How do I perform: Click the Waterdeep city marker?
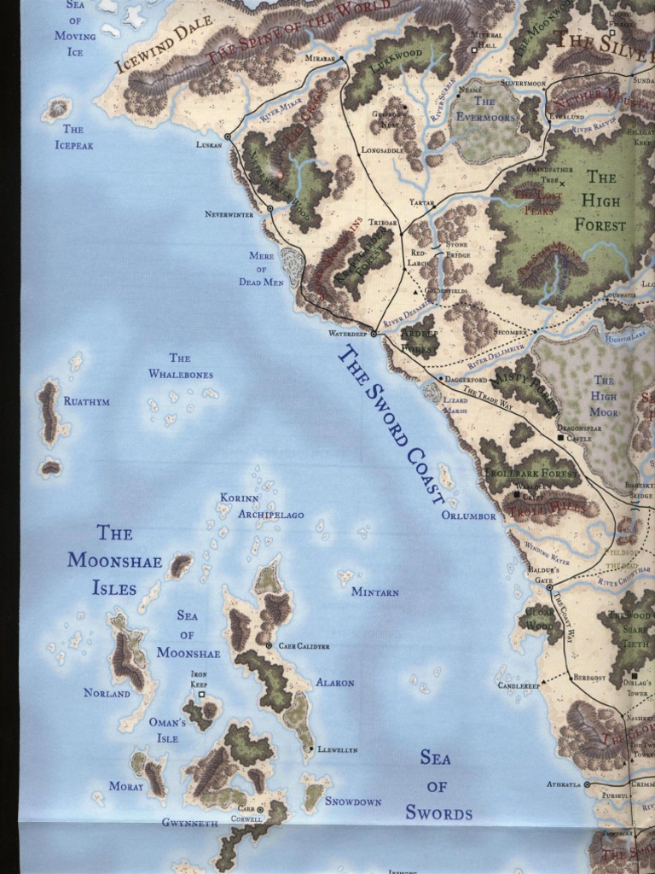tap(374, 334)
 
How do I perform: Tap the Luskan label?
tap(209, 144)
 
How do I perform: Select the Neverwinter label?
tap(229, 214)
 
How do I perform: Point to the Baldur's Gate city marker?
tap(549, 587)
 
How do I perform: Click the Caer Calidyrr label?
tap(304, 646)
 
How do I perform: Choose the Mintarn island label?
tap(375, 591)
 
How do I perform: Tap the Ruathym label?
tap(87, 401)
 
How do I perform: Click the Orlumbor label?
tap(468, 516)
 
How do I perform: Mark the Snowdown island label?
tap(353, 801)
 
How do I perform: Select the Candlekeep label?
tap(519, 685)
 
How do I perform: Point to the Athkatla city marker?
tap(587, 784)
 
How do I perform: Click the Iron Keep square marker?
tap(201, 695)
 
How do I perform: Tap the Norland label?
tap(107, 693)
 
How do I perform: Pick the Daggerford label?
tap(467, 378)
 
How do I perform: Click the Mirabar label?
tap(321, 58)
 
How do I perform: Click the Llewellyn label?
tap(338, 749)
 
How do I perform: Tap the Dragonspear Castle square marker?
tap(561, 438)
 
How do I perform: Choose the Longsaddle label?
tap(382, 149)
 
